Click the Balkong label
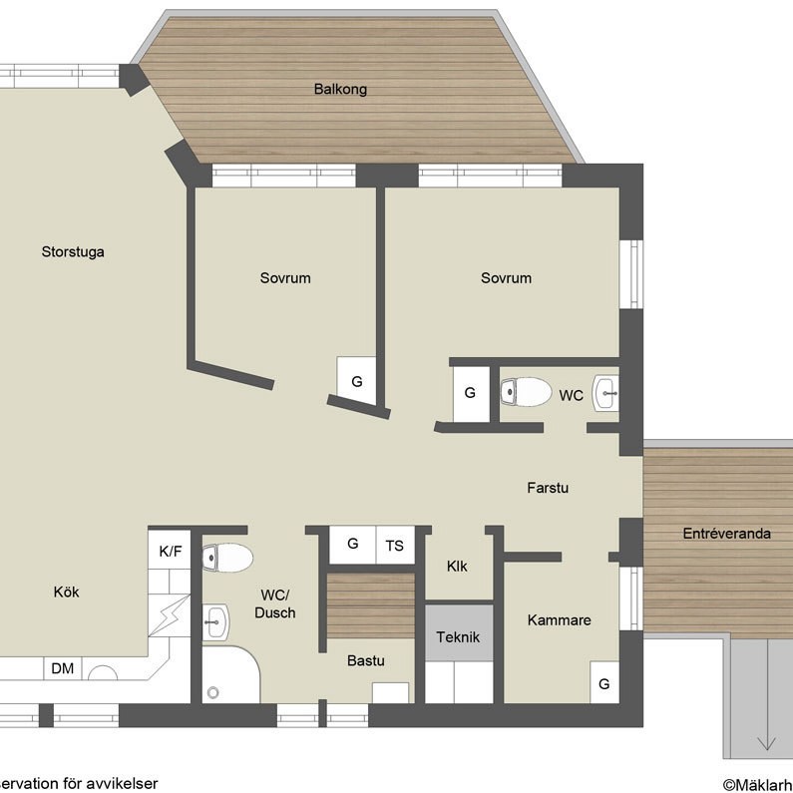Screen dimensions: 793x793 (340, 90)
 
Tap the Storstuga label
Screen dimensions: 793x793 (73, 251)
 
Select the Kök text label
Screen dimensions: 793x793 (66, 592)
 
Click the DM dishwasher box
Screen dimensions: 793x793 (63, 668)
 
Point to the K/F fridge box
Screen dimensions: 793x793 (170, 552)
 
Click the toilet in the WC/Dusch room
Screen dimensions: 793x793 (227, 558)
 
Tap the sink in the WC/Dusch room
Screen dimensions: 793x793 (215, 621)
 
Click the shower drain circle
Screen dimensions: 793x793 (212, 692)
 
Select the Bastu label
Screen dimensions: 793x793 (366, 660)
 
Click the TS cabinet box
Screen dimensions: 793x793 (395, 546)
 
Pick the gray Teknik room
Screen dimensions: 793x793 (459, 633)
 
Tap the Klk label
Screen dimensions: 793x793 (457, 567)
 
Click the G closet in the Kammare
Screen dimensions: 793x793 (604, 682)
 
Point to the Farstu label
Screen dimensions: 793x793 (548, 488)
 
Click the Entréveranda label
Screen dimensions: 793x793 (727, 534)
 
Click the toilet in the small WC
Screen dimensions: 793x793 (526, 392)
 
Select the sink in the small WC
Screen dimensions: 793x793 (605, 393)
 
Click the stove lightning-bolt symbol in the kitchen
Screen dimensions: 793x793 (170, 615)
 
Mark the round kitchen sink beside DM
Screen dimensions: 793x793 (103, 673)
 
